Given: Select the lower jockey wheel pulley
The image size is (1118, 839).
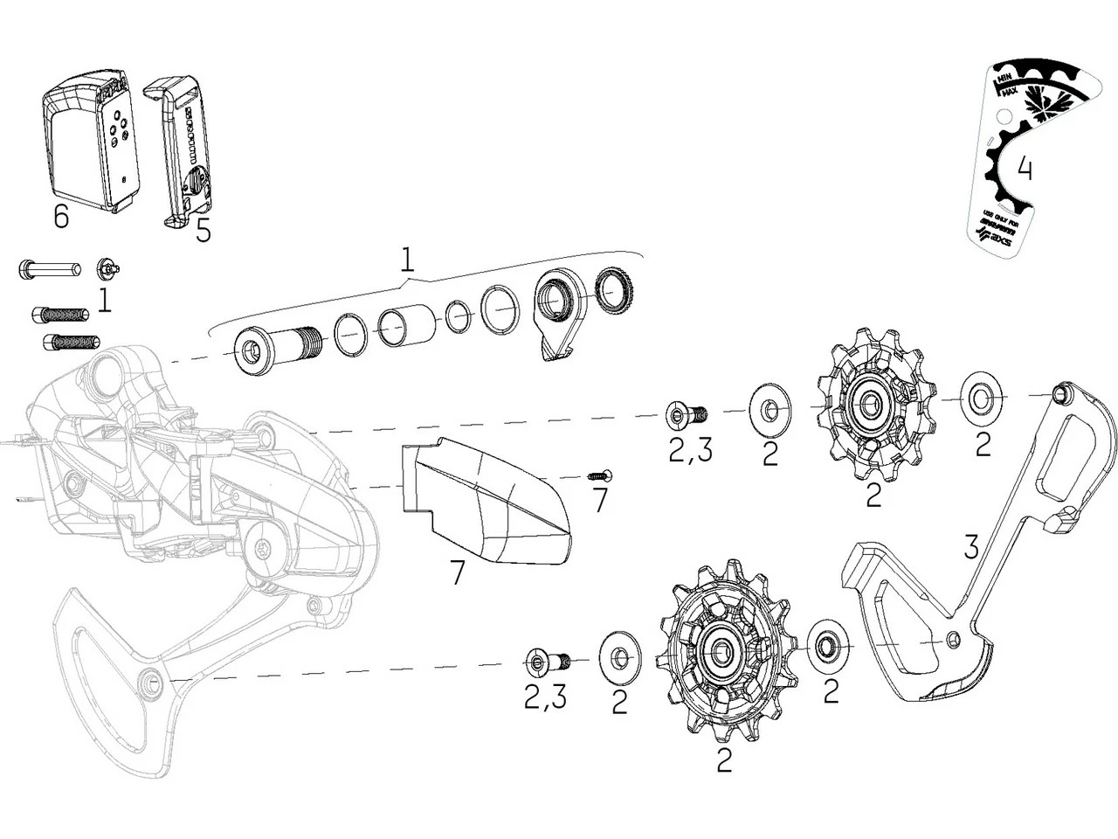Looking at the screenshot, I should pyautogui.click(x=725, y=651).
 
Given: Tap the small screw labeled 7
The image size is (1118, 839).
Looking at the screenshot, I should pyautogui.click(x=600, y=475).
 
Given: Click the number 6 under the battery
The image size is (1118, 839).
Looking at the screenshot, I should pyautogui.click(x=60, y=217).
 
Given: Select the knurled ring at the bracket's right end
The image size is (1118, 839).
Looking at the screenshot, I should pyautogui.click(x=614, y=294).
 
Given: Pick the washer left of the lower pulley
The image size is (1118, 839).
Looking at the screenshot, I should pyautogui.click(x=620, y=656).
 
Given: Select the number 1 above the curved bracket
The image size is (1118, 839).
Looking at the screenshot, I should pyautogui.click(x=407, y=260).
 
